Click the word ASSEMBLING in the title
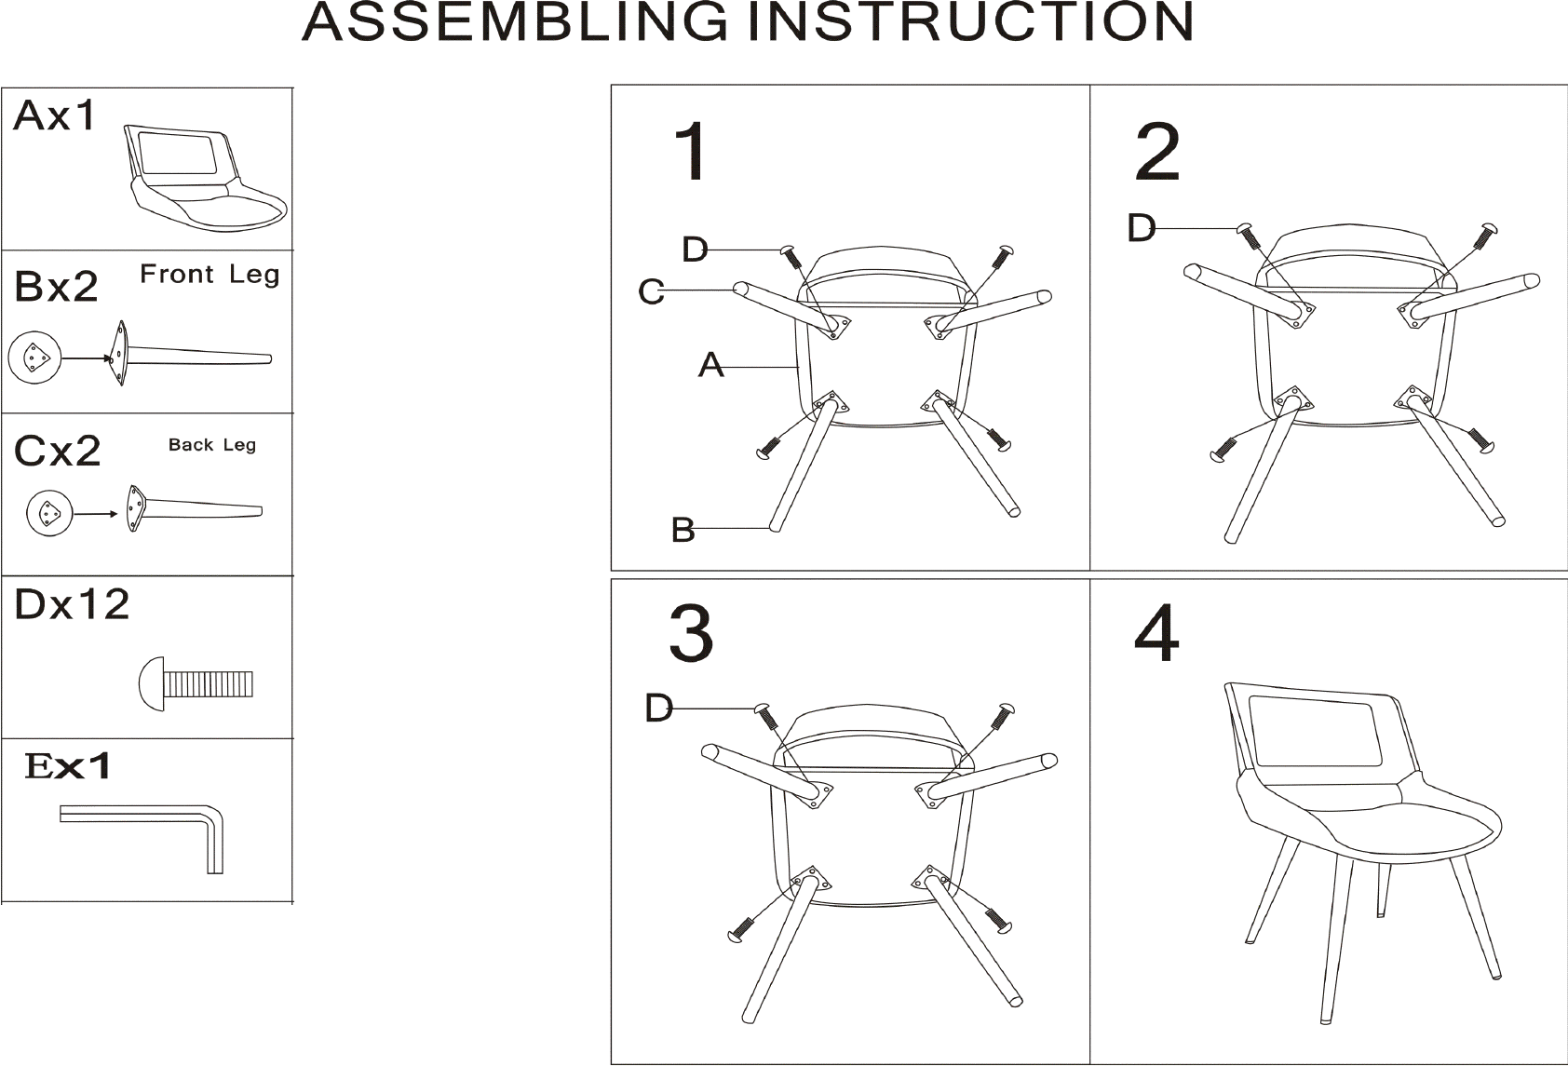pyautogui.click(x=516, y=21)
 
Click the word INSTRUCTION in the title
pyautogui.click(x=971, y=21)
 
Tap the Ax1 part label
pyautogui.click(x=54, y=115)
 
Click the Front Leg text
pyautogui.click(x=210, y=274)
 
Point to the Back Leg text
pyautogui.click(x=212, y=445)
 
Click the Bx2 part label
pyautogui.click(x=56, y=286)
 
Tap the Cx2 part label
pyautogui.click(x=58, y=451)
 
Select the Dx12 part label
pyautogui.click(x=72, y=604)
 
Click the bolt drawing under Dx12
pyautogui.click(x=196, y=683)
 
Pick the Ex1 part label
pyautogui.click(x=67, y=765)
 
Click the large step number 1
pyautogui.click(x=691, y=151)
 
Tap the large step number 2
pyautogui.click(x=1157, y=151)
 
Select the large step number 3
pyautogui.click(x=691, y=633)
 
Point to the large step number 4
pyautogui.click(x=1156, y=633)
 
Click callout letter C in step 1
pyautogui.click(x=651, y=291)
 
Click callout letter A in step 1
pyautogui.click(x=711, y=365)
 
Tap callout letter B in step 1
pyautogui.click(x=683, y=530)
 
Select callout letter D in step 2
pyautogui.click(x=1142, y=228)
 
